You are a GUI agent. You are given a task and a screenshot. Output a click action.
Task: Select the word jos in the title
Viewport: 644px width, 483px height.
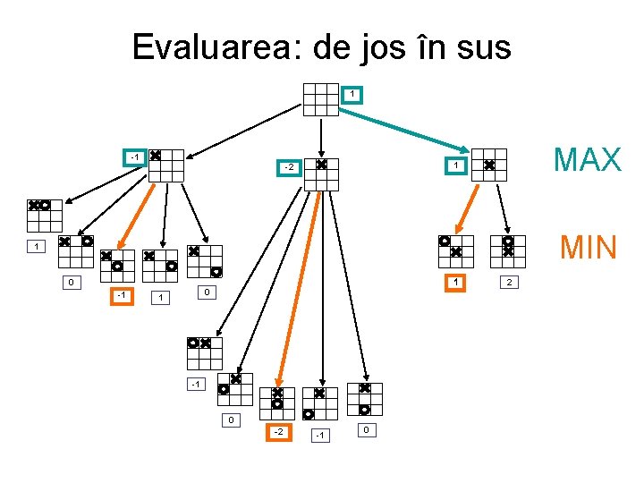point(392,47)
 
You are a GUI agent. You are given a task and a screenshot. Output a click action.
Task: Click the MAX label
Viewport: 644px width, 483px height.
point(587,160)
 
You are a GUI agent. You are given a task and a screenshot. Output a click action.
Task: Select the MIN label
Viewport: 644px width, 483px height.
point(589,247)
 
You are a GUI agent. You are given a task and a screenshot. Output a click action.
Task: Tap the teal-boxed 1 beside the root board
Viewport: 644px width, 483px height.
point(352,94)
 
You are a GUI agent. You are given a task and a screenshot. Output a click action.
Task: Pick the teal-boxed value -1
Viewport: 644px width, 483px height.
point(133,157)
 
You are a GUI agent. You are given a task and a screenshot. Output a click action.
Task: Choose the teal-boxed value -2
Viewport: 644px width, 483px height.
point(289,167)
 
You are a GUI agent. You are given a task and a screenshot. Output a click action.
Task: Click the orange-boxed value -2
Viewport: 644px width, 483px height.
point(279,432)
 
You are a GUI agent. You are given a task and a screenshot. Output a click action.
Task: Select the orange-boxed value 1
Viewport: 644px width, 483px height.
point(456,283)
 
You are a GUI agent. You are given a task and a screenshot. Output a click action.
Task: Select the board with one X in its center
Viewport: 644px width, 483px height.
point(488,165)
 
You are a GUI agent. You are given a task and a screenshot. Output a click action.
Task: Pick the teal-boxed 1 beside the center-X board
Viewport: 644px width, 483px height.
point(455,165)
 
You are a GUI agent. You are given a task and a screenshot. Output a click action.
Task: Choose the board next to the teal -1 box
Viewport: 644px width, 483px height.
point(166,165)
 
